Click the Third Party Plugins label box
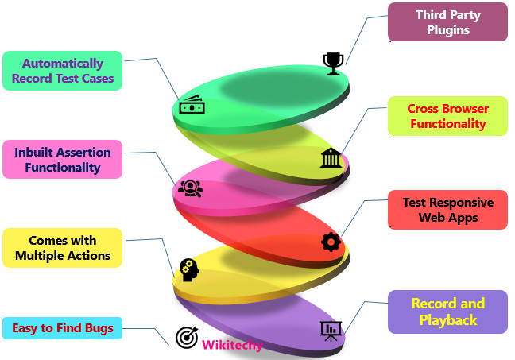coord(447,22)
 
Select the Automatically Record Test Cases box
coord(63,71)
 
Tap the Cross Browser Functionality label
coord(447,116)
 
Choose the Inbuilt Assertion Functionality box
coord(63,160)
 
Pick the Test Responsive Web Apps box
coord(447,210)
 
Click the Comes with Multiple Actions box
coord(63,248)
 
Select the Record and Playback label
coord(447,312)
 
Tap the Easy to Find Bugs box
coord(63,327)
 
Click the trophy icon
coord(332,63)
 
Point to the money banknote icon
coord(192,106)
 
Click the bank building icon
coord(331,158)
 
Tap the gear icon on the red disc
coord(331,242)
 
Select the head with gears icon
coord(188,269)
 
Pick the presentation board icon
coord(329,330)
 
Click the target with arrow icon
coord(187,337)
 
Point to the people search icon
coord(189,188)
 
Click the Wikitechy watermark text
coord(232,345)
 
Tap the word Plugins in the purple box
coord(447,30)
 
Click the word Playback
coord(447,320)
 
